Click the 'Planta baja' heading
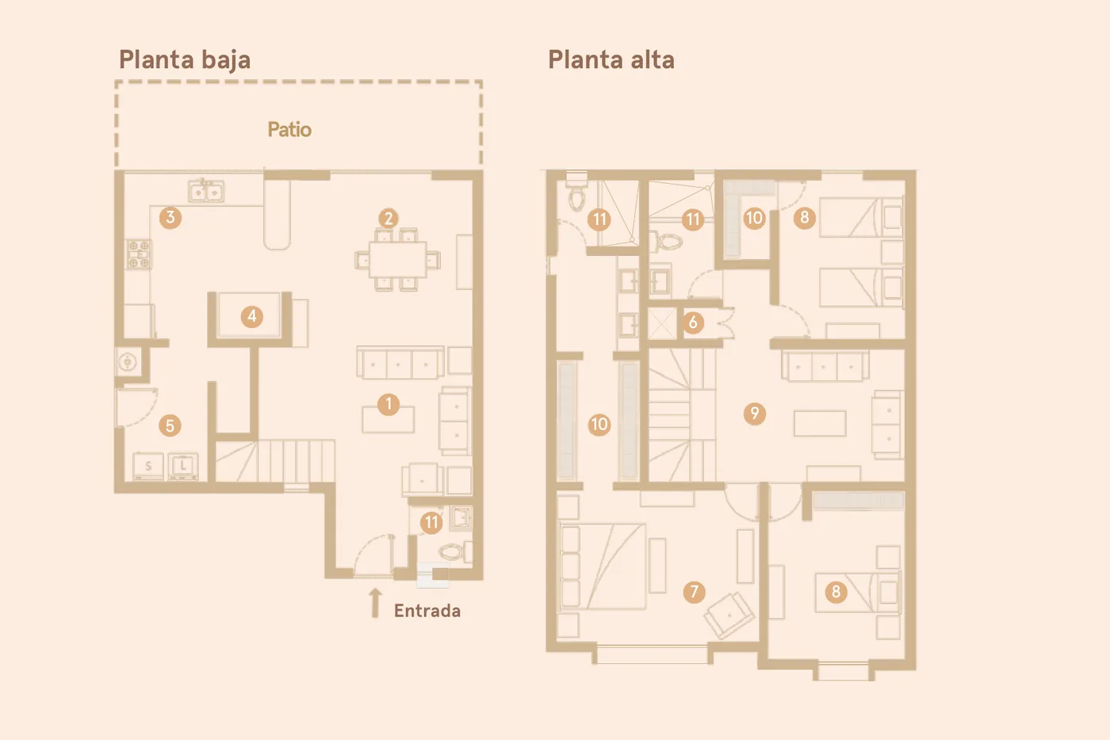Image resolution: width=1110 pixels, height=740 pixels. pos(184,60)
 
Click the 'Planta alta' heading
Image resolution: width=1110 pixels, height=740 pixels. pos(611,60)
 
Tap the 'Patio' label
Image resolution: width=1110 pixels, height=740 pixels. pos(289,130)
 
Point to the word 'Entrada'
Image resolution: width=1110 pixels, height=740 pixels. pos(427,611)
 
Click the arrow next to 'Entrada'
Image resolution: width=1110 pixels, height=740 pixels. pos(376,603)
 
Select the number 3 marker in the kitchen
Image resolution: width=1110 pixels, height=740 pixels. pos(170,217)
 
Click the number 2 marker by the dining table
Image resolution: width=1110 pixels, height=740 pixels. pos(388,219)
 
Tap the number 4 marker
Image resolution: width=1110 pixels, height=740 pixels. pos(252,316)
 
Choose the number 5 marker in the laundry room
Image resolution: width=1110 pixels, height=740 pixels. pos(170,425)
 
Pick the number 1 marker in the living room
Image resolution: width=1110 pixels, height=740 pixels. pos(388,405)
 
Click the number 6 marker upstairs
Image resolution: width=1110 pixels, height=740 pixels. pos(693,322)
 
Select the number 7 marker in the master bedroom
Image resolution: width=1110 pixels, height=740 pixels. pos(695,591)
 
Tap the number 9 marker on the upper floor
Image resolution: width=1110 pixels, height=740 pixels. pos(755,413)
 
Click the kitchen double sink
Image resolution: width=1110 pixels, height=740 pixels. pos(206,191)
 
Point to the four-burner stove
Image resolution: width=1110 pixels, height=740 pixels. pos(139,254)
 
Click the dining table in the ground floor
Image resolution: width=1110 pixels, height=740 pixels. pos(398,259)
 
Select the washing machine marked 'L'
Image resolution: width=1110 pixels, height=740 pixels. pos(183,466)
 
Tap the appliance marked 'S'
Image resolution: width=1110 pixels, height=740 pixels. pos(148,466)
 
